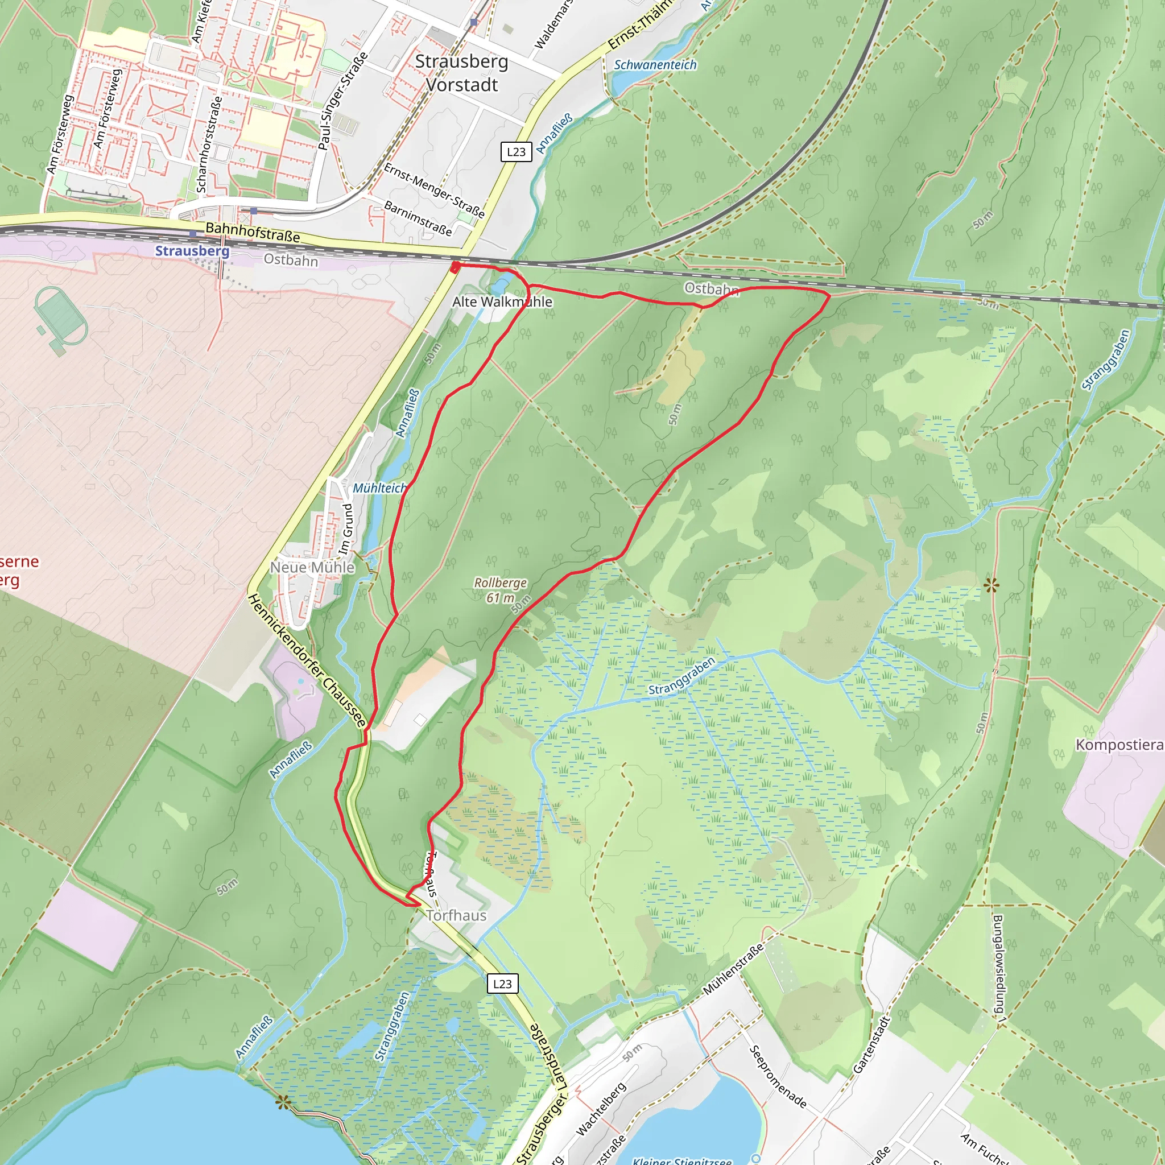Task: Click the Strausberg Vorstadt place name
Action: [x=462, y=73]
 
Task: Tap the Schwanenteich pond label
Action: [x=655, y=64]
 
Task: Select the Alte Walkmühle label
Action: [x=502, y=301]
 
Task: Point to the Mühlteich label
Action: [x=379, y=488]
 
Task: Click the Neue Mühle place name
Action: [x=312, y=567]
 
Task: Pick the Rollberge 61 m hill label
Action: [x=500, y=590]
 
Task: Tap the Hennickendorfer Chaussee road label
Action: [x=307, y=660]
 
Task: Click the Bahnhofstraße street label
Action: [x=253, y=232]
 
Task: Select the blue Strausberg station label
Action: [x=192, y=251]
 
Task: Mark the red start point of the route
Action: [x=456, y=267]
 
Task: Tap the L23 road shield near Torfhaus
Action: [x=502, y=984]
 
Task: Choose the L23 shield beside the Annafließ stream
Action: [x=516, y=151]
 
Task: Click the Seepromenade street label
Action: [x=777, y=1076]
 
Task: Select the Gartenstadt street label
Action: [x=871, y=1045]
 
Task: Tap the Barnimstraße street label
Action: [x=418, y=218]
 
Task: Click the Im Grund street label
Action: [x=346, y=529]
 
